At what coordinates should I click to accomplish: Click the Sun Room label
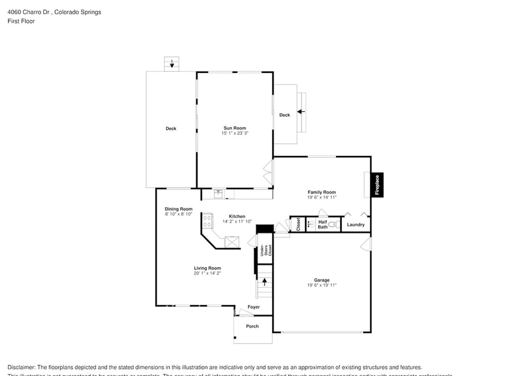234,128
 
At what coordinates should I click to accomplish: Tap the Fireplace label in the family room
377,185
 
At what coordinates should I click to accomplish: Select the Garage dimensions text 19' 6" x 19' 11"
321,285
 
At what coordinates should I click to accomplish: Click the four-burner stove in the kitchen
208,221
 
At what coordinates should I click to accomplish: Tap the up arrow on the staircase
265,281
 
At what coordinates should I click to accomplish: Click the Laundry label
355,224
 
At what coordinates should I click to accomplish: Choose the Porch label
252,326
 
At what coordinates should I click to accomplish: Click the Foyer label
254,308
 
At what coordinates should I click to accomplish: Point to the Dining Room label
178,209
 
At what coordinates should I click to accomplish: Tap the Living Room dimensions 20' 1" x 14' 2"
208,273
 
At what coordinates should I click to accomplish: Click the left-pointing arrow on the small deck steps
300,111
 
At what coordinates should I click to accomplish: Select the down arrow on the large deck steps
171,63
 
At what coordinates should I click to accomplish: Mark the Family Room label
321,192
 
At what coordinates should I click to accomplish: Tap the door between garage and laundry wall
366,244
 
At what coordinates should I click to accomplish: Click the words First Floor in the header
21,21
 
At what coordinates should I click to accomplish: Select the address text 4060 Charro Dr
28,12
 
